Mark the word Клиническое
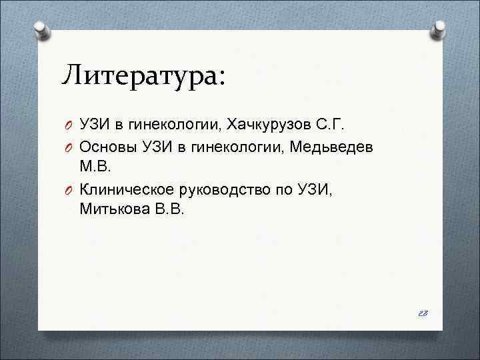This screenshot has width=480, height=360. point(125,190)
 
